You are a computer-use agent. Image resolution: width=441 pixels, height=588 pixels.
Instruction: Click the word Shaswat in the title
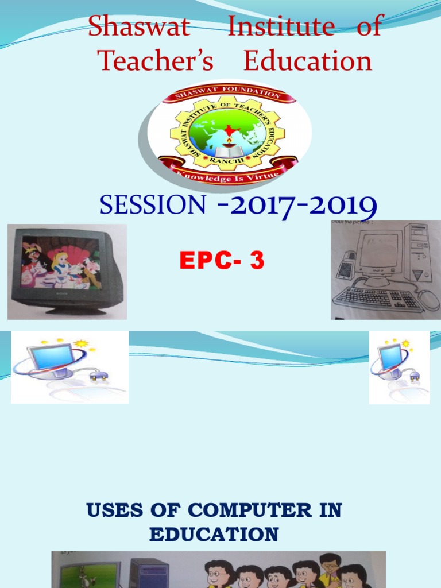pyautogui.click(x=139, y=27)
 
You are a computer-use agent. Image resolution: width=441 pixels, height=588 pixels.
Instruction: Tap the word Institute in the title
pyautogui.click(x=281, y=27)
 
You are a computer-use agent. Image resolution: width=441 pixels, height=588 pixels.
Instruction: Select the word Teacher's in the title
pyautogui.click(x=155, y=61)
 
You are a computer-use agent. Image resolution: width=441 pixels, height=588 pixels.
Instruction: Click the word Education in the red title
pyautogui.click(x=307, y=61)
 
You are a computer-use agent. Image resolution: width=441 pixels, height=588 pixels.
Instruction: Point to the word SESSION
pyautogui.click(x=152, y=205)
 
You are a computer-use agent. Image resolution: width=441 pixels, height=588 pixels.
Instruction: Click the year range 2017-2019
pyautogui.click(x=297, y=206)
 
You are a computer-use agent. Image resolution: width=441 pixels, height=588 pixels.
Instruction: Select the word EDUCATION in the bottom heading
pyautogui.click(x=214, y=535)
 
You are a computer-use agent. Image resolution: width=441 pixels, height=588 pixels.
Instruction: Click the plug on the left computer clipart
pyautogui.click(x=98, y=376)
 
